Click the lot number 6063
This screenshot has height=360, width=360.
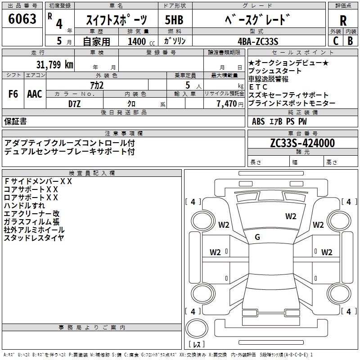click(22, 19)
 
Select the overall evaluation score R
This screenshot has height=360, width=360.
click(343, 20)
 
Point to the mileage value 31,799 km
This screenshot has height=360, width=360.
click(55, 64)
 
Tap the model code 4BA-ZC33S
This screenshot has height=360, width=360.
click(258, 41)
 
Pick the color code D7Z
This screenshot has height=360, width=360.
click(75, 103)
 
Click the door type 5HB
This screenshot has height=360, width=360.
click(174, 20)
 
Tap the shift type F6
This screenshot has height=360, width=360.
click(13, 94)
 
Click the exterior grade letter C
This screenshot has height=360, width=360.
click(336, 41)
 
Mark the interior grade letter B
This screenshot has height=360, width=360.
click(351, 41)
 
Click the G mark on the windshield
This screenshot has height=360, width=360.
click(257, 237)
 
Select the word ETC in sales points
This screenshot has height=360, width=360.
click(258, 87)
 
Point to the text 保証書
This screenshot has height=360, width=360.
click(15, 121)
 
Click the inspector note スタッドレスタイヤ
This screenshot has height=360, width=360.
click(34, 238)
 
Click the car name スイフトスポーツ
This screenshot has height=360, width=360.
click(117, 20)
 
